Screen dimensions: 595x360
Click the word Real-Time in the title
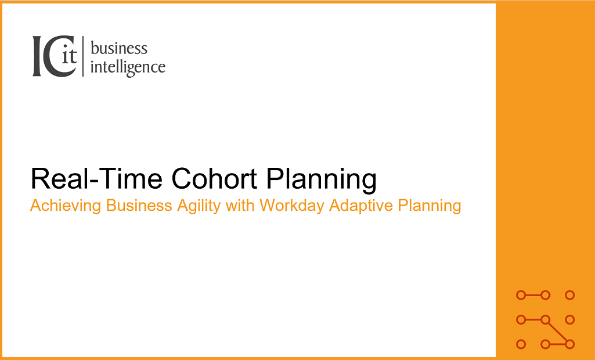coord(97,178)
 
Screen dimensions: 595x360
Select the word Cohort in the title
coord(214,178)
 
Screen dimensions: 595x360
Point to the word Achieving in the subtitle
coord(65,206)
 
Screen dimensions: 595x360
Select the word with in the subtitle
coord(240,206)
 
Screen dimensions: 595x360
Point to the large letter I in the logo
coord(37,56)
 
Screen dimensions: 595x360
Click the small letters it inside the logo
coord(70,56)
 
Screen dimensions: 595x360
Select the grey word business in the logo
coord(119,49)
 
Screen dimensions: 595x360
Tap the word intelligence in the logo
coord(128,67)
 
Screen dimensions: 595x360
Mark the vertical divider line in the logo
coord(83,56)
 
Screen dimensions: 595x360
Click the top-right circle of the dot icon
coord(569,295)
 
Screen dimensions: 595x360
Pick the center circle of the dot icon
coord(545,320)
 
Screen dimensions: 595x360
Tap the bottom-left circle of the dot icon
coord(521,344)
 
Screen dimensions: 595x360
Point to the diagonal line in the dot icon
coord(557,332)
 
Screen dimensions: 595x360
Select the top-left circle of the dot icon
coord(521,295)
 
